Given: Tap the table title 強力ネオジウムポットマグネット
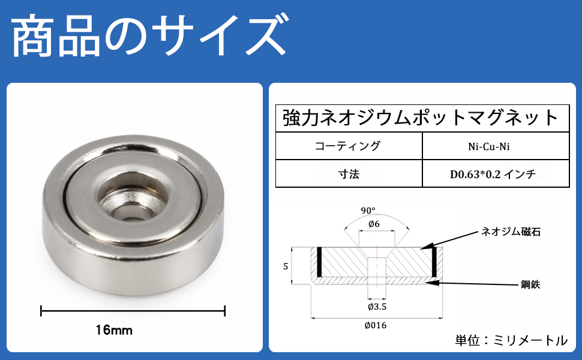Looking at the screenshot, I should (x=421, y=118).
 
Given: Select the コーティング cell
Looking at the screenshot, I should (x=347, y=146).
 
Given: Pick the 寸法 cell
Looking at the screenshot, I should (x=348, y=175).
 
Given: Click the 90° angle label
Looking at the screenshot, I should (x=368, y=211).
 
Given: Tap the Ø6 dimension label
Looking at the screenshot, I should (x=374, y=223).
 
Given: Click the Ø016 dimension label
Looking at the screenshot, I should (x=376, y=325).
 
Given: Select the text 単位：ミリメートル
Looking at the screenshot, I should (x=510, y=341).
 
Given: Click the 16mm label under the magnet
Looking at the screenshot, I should (x=113, y=329).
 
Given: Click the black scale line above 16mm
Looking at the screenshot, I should (x=132, y=311).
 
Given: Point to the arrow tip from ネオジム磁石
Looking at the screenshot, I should (x=422, y=247).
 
